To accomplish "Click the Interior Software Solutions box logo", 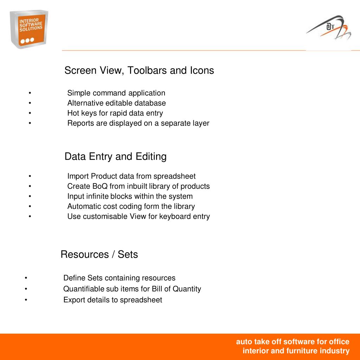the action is pos(29,30).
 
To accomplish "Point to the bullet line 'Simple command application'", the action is pos(116,93).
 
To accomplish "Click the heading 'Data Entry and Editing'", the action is pos(115,156).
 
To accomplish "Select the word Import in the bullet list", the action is pos(78,176).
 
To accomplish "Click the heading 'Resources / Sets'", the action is pos(99,255).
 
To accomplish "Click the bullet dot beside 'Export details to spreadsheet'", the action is pos(26,300).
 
